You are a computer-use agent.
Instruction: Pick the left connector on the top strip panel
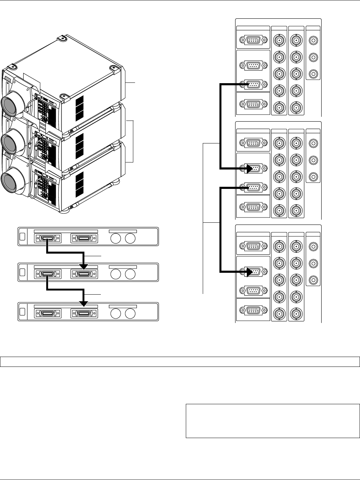(48, 239)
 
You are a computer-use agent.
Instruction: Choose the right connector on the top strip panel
(84, 239)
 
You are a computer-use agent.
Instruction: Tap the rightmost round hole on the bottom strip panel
(130, 313)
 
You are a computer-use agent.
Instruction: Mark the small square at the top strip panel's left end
(23, 238)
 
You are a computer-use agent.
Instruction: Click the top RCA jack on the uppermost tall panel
(313, 40)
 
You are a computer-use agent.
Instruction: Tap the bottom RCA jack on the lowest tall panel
(313, 281)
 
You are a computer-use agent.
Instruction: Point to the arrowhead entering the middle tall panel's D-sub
(252, 169)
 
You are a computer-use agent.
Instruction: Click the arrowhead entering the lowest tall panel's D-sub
(252, 272)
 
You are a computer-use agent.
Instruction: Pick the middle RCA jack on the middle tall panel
(313, 160)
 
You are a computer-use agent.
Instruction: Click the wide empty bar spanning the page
(180, 362)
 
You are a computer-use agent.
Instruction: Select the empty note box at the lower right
(273, 421)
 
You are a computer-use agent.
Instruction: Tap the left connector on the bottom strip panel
(48, 313)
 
